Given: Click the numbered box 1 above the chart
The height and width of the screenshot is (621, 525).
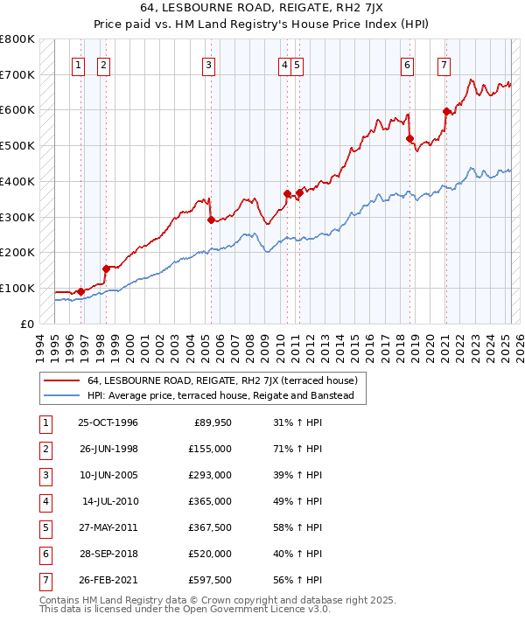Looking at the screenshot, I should [79, 64].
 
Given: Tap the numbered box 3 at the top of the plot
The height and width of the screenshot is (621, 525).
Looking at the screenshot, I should [208, 64].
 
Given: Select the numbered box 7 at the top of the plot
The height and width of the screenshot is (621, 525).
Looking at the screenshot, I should [444, 64].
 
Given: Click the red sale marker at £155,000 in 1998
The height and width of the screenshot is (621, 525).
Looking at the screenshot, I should [106, 269].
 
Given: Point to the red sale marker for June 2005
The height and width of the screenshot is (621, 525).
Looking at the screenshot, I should [211, 220].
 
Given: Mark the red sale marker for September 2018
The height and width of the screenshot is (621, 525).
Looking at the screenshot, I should [409, 138].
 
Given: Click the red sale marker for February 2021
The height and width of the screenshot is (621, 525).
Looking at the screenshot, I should [446, 111].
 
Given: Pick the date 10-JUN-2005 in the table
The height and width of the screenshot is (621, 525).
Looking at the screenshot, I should [108, 474].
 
